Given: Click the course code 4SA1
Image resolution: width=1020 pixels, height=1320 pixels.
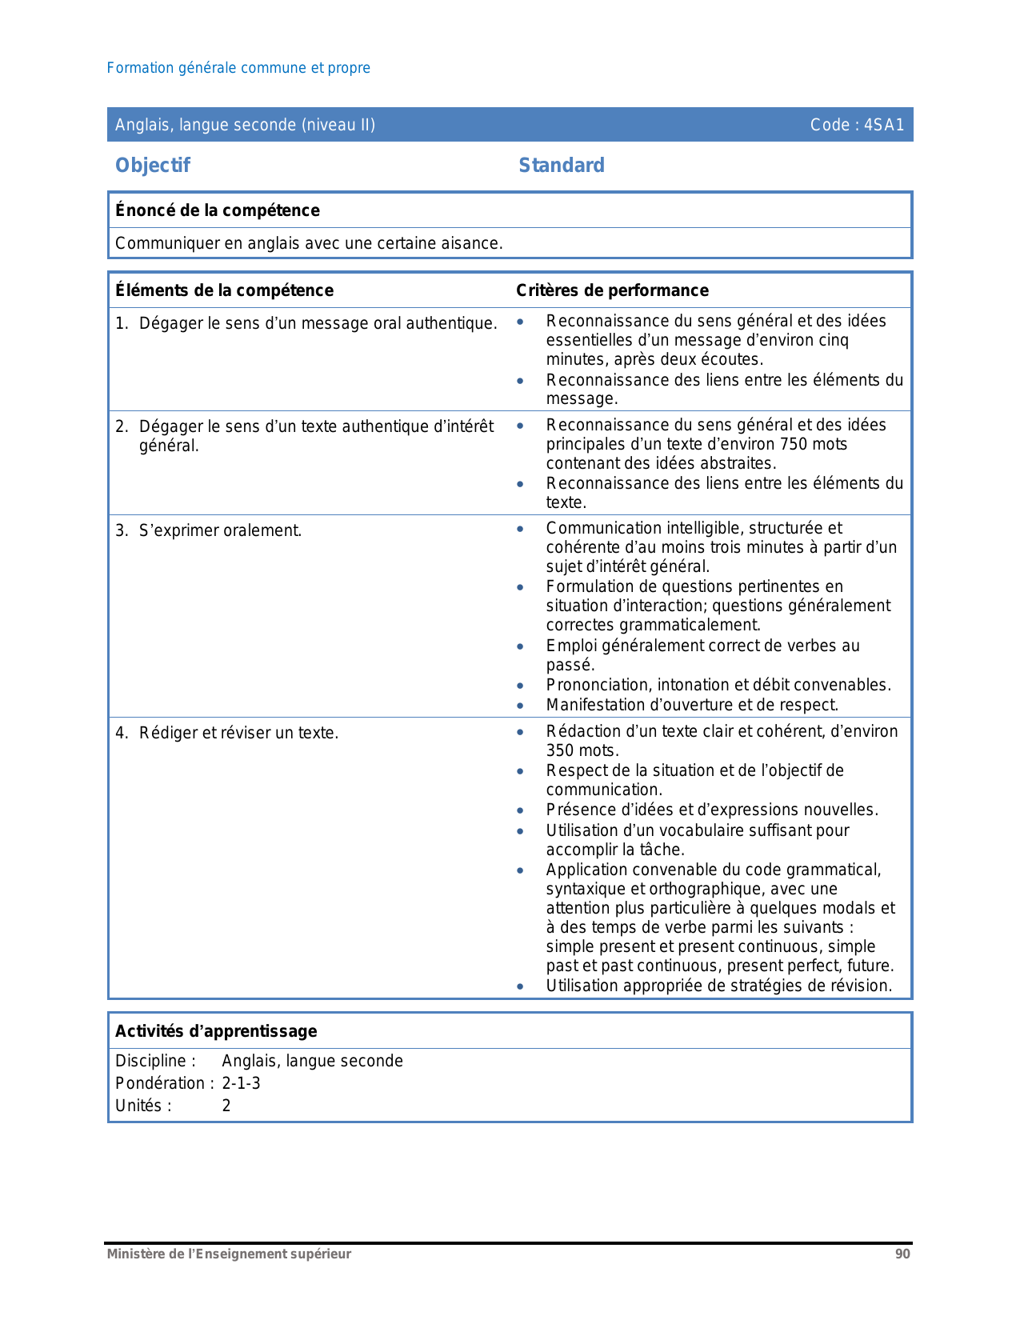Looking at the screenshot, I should pyautogui.click(x=883, y=125).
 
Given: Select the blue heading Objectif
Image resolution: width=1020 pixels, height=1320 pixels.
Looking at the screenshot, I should pyautogui.click(x=153, y=166).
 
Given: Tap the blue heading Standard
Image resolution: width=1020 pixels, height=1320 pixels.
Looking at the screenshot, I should pyautogui.click(x=562, y=166).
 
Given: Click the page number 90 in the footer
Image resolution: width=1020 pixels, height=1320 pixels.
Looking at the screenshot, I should pyautogui.click(x=902, y=1254).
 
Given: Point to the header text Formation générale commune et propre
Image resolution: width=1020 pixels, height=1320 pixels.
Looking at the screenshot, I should pyautogui.click(x=238, y=68).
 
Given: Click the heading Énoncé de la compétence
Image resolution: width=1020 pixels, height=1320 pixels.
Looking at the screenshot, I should pyautogui.click(x=218, y=210).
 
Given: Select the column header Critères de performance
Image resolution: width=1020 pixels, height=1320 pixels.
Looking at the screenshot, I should pyautogui.click(x=612, y=290).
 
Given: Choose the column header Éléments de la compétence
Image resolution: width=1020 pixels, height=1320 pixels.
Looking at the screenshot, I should pyautogui.click(x=224, y=290).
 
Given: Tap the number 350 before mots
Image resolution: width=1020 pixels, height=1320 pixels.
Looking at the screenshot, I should pyautogui.click(x=560, y=750).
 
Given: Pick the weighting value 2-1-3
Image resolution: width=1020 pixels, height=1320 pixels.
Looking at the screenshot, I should pyautogui.click(x=241, y=1083).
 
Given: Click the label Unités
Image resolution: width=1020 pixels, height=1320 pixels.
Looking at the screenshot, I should pyautogui.click(x=143, y=1106).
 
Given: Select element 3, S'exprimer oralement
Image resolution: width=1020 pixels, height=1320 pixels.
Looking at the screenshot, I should pyautogui.click(x=220, y=530).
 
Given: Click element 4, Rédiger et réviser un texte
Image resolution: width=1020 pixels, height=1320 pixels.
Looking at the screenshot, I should pyautogui.click(x=238, y=733).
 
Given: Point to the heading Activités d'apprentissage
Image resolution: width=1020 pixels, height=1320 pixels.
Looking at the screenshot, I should pyautogui.click(x=216, y=1031).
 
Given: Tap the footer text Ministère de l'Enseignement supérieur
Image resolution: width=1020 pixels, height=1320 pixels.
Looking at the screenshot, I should pyautogui.click(x=229, y=1254).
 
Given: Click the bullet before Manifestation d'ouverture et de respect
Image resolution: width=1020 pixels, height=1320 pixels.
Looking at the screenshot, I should pyautogui.click(x=520, y=706).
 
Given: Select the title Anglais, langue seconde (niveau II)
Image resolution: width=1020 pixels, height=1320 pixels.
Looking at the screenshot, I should pyautogui.click(x=245, y=125).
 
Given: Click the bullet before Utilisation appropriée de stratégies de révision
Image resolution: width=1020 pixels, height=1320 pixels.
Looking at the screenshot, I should pyautogui.click(x=520, y=986).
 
